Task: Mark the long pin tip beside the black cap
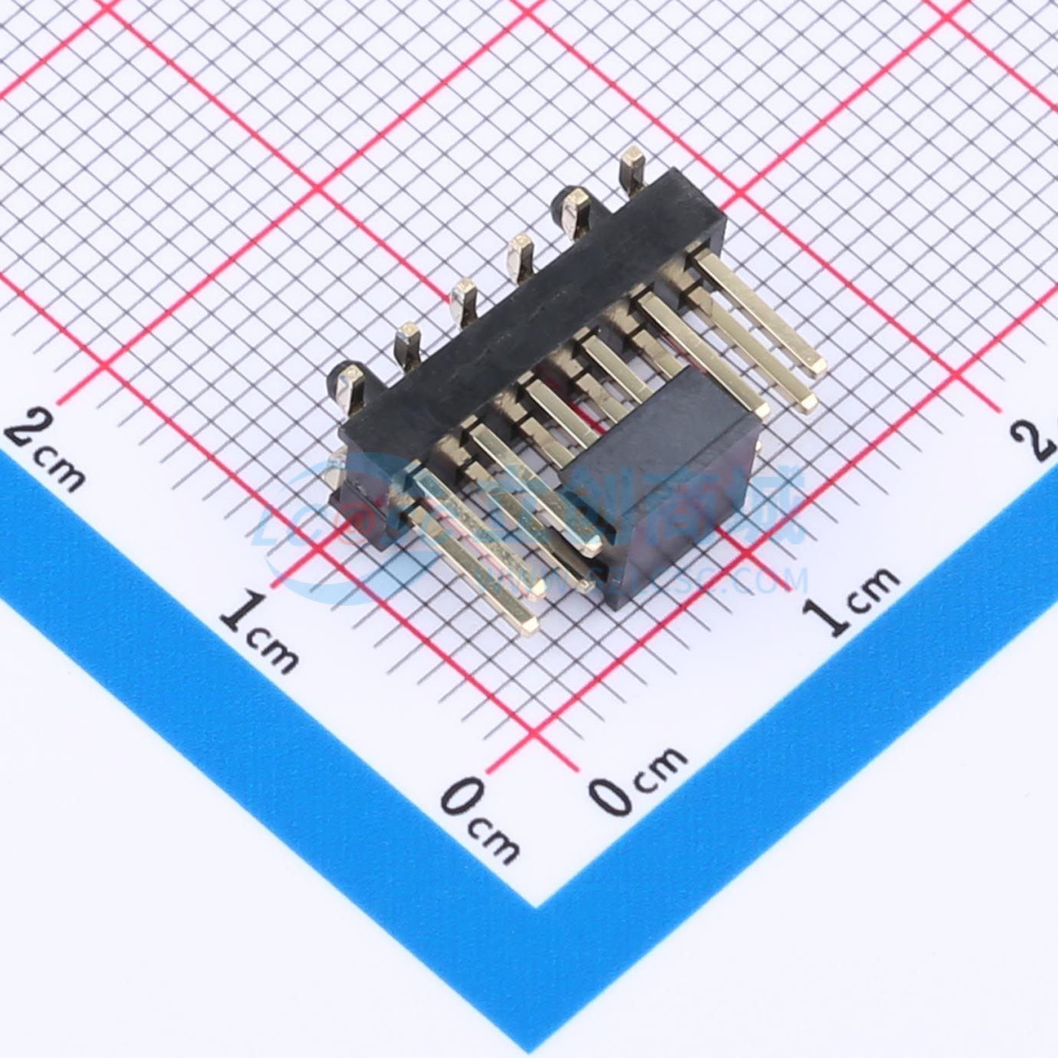point(594,545)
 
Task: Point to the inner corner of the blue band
point(536,905)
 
